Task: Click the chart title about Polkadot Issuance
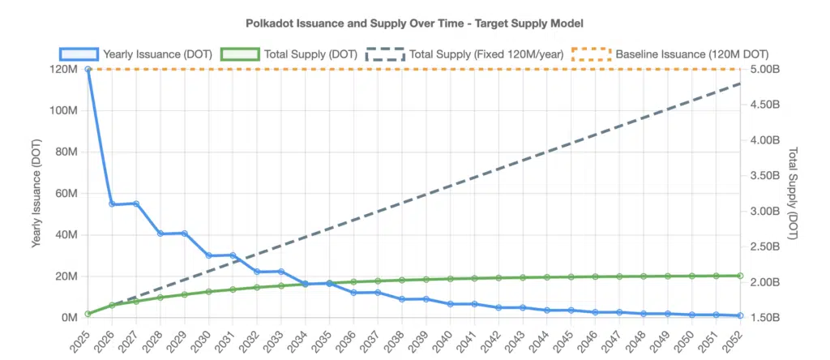414,24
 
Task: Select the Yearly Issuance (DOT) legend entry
135,54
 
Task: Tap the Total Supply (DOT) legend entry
292,54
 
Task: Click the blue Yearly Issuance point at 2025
88,70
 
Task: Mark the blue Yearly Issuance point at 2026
112,204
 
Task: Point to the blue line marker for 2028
160,234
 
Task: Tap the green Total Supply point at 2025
88,314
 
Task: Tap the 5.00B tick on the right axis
767,70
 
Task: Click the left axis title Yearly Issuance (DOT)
36,193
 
